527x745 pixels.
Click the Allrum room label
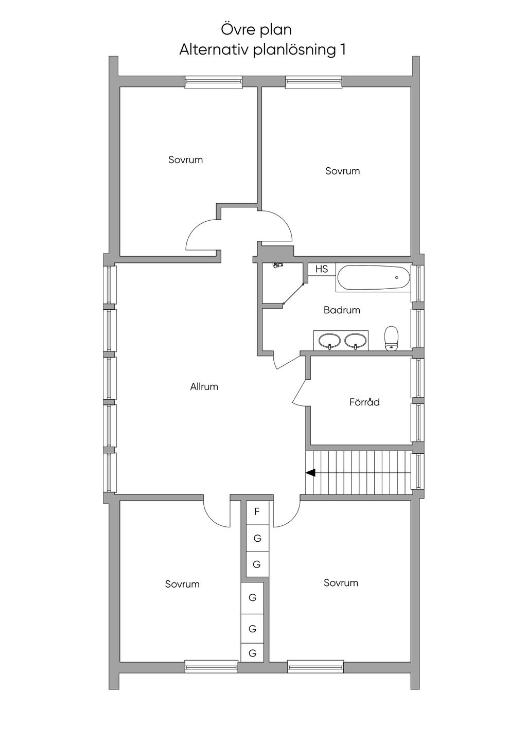[x=204, y=386]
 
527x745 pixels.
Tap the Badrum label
[x=342, y=310]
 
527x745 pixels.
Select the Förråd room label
[x=364, y=402]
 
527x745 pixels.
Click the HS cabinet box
[x=322, y=269]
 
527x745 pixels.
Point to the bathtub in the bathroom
[x=374, y=278]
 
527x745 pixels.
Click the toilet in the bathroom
[x=392, y=338]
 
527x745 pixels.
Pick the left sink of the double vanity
[x=329, y=340]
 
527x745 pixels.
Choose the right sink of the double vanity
[x=355, y=340]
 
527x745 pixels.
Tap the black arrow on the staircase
[x=310, y=472]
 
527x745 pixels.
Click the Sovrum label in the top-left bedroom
[x=186, y=160]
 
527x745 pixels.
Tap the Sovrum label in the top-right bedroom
[x=342, y=171]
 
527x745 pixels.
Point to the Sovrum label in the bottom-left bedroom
[x=182, y=584]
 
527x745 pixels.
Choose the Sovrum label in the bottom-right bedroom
[x=341, y=583]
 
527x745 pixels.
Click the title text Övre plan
[x=256, y=29]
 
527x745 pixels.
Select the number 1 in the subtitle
[x=342, y=50]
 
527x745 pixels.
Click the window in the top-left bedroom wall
[x=214, y=82]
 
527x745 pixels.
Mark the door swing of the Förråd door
[x=300, y=394]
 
